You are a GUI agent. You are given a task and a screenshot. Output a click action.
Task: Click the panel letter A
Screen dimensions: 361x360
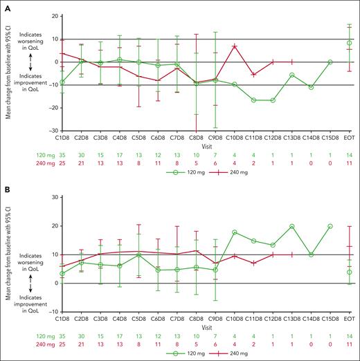tap(5, 5)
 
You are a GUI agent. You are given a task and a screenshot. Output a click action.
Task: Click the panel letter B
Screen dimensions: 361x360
tap(5, 187)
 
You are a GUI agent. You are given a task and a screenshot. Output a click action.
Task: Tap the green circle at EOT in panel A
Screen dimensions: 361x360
tap(349, 43)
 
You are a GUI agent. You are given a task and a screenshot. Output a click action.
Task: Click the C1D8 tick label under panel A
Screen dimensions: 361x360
tap(64, 138)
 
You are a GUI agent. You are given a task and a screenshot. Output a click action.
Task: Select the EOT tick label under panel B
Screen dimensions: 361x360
tap(349, 320)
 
